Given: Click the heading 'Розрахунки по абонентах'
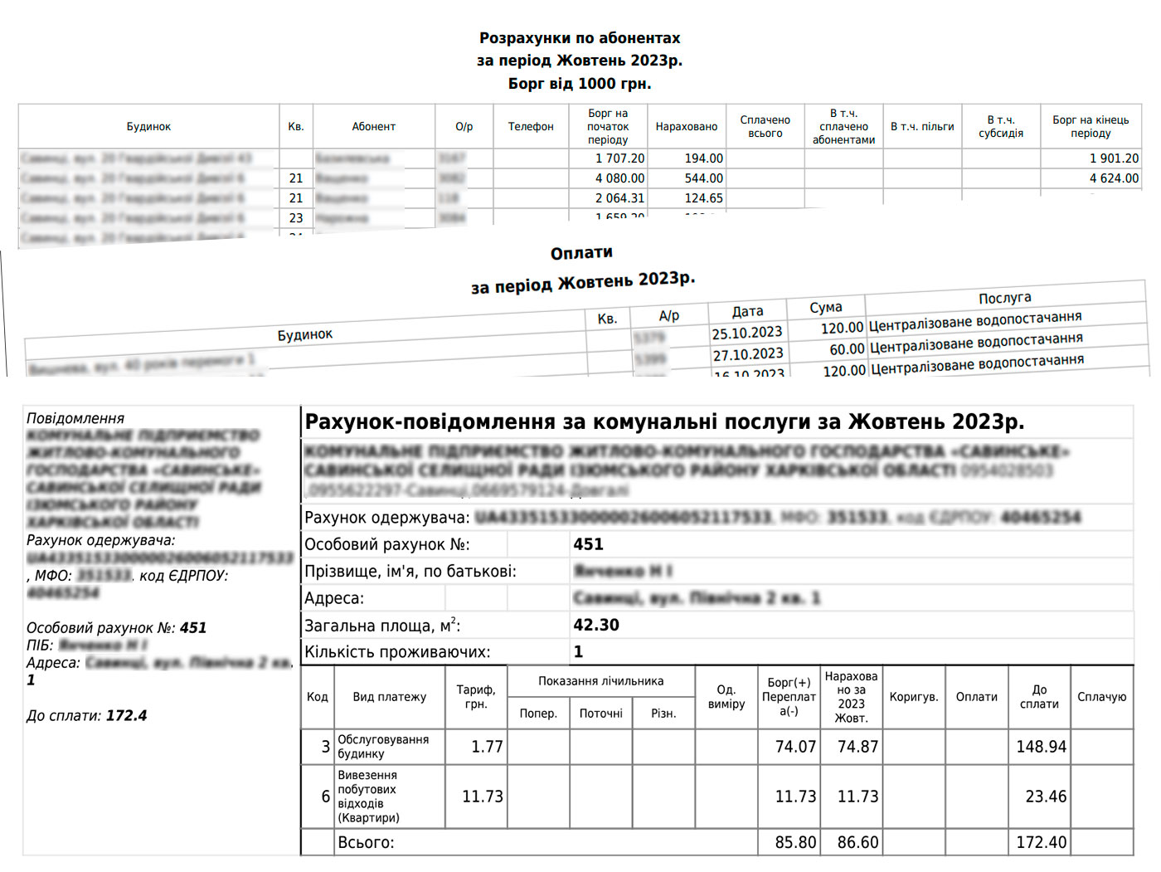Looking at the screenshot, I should coord(580,38).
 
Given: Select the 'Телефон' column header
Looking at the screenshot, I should coord(531,127).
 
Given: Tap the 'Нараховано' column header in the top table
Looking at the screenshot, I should coord(686,127).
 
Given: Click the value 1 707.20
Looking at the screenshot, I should coord(619,158).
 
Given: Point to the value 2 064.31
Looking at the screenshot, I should coord(619,198).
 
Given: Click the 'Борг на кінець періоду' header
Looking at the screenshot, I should coord(1091,127).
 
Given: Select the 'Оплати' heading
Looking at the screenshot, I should coord(581,253).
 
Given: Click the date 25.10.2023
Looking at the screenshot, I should coord(746,334).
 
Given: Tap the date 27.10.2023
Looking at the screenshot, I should coord(747,355).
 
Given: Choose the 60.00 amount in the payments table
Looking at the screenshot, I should coord(847,349).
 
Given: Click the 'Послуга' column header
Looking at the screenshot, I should coord(1005,298).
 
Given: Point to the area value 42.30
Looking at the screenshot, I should coord(596,625).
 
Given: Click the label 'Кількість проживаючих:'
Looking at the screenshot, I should coord(397,652).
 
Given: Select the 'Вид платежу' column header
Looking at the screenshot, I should coord(389,697).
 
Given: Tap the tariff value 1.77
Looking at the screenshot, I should coord(487,747).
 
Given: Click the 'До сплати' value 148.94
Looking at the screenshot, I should coord(1041,747).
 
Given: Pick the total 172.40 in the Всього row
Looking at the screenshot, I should coord(1041,842).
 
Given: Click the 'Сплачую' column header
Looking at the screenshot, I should coord(1101,697).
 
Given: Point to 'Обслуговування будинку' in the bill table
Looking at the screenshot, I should coord(383,746).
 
